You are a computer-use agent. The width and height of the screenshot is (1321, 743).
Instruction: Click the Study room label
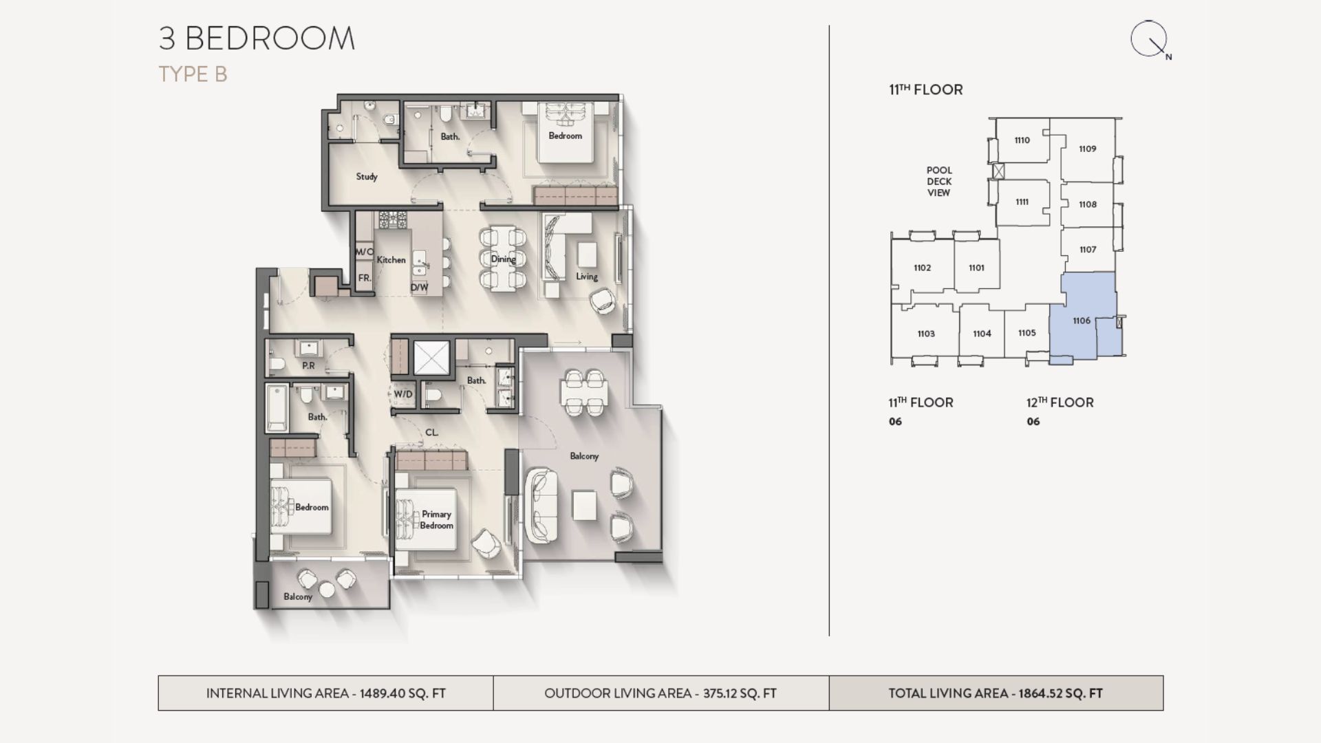367,177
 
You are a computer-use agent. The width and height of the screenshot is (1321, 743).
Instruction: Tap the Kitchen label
391,259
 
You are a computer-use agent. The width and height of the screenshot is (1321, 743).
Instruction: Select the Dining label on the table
503,259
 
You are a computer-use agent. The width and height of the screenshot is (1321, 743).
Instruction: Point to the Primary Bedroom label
436,519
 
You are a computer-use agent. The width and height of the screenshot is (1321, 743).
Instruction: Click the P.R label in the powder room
308,366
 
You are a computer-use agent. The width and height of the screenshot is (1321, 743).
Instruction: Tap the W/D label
403,394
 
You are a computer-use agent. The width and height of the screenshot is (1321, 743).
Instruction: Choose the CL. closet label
431,433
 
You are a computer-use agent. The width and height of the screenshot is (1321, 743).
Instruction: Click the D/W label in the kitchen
419,287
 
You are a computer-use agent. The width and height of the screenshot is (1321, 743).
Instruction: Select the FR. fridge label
365,278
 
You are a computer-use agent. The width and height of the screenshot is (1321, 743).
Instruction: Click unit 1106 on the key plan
1081,321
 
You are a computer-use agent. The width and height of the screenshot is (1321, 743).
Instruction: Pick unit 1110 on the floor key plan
1022,140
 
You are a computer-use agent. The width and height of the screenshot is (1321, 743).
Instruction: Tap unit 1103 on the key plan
925,334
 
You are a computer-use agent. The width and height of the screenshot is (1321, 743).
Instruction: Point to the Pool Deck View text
939,182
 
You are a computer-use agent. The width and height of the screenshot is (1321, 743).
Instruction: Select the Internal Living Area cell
325,693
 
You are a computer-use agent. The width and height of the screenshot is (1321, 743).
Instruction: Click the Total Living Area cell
996,693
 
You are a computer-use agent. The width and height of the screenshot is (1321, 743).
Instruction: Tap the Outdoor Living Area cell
660,693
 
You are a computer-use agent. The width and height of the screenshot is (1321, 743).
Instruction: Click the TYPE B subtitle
193,74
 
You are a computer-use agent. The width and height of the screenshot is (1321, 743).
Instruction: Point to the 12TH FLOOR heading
1060,402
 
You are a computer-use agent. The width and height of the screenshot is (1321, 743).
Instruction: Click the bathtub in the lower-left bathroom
277,407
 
